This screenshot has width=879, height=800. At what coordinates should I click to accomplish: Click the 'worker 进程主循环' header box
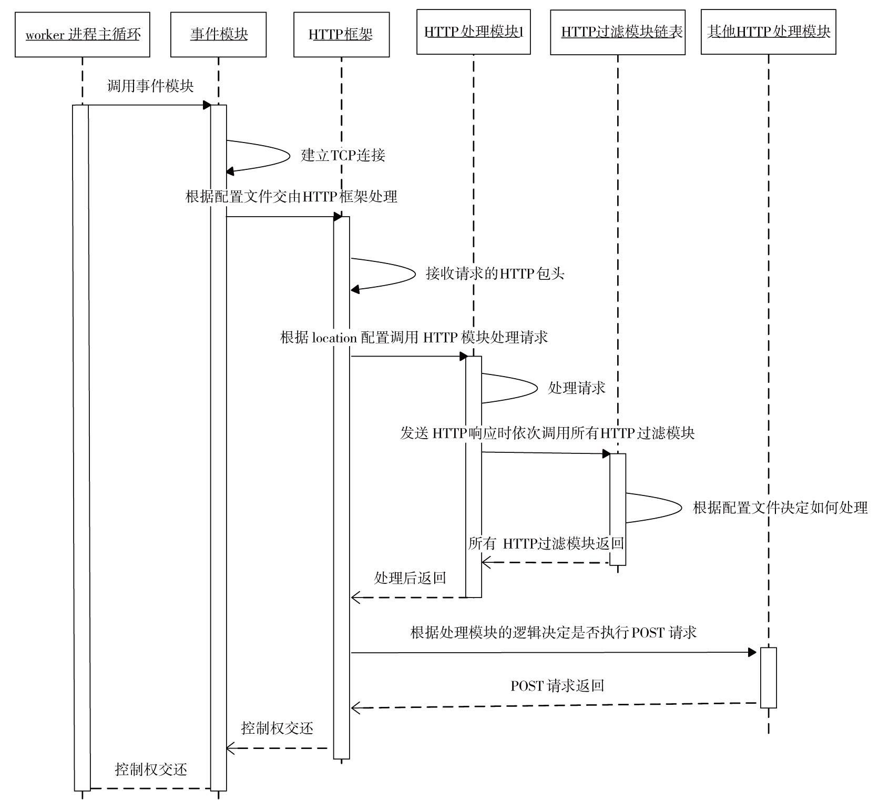point(83,35)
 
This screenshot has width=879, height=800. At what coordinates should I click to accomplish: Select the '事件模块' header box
point(218,35)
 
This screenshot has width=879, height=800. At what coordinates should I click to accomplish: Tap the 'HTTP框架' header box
point(341,35)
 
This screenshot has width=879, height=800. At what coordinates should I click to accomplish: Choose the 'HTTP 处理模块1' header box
point(473,32)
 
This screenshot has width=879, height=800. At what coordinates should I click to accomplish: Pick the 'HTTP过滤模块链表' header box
point(618,32)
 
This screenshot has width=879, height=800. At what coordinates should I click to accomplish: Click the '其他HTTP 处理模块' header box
point(768,32)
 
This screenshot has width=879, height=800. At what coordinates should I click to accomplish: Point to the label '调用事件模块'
point(150,86)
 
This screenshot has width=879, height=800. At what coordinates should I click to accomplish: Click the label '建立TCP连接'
point(343,155)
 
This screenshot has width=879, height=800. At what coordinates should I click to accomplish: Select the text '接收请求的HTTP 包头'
point(495,274)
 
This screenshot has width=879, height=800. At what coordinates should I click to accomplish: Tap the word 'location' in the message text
point(334,338)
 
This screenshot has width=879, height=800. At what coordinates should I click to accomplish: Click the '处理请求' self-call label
point(576,388)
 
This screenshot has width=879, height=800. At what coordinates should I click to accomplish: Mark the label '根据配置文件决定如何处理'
point(780,508)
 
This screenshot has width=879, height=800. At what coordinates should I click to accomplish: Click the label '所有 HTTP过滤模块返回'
point(546,543)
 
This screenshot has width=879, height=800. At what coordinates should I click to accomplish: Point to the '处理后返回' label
point(410,578)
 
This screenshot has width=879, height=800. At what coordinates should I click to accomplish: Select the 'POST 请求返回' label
point(557,686)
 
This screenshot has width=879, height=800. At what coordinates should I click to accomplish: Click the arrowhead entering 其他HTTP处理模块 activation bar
point(752,653)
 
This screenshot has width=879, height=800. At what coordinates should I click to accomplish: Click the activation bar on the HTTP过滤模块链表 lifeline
point(618,509)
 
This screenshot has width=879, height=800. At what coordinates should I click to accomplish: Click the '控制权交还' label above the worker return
point(151,769)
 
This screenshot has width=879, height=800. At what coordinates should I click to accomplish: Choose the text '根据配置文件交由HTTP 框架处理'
point(291,197)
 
